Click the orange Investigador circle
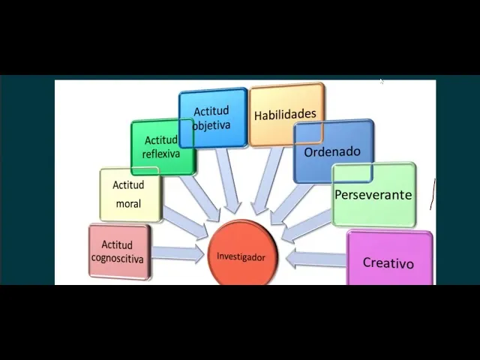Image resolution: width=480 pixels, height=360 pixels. pyautogui.click(x=241, y=255)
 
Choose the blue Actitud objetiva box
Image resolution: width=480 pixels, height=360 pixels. pyautogui.click(x=212, y=118)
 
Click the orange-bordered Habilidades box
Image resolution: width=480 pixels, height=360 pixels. pyautogui.click(x=286, y=115)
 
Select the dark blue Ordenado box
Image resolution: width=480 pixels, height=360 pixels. pyautogui.click(x=332, y=151)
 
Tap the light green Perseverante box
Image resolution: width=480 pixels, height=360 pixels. pyautogui.click(x=373, y=195)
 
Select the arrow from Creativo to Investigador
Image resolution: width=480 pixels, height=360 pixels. pyautogui.click(x=315, y=259)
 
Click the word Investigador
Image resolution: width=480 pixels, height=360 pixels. pyautogui.click(x=241, y=256)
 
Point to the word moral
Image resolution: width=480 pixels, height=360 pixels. pyautogui.click(x=127, y=203)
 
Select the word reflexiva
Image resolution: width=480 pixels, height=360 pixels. pyautogui.click(x=160, y=154)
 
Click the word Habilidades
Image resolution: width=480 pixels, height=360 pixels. pyautogui.click(x=285, y=115)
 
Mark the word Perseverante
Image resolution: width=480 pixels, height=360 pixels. pyautogui.click(x=373, y=195)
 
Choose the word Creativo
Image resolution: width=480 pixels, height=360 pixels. pyautogui.click(x=388, y=263)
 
